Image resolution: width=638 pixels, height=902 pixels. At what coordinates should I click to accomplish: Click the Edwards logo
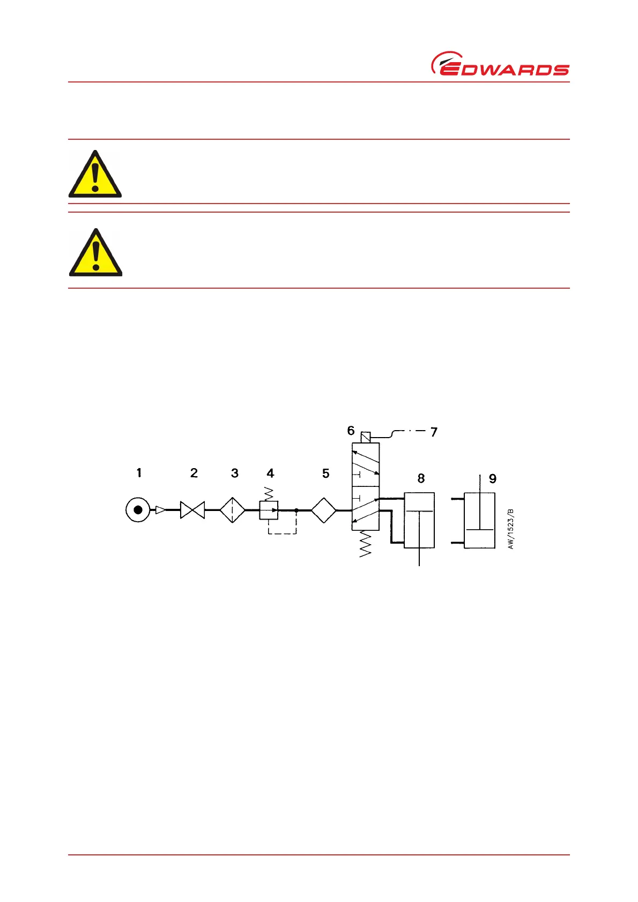point(500,64)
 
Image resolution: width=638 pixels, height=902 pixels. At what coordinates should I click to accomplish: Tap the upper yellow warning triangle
point(95,175)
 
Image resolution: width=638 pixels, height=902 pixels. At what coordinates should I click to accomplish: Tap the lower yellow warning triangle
point(95,253)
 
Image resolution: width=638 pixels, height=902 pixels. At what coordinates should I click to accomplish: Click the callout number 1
point(139,473)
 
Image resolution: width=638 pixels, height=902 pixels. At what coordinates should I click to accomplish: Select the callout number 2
point(194,473)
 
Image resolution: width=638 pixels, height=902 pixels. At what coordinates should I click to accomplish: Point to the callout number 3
point(235,473)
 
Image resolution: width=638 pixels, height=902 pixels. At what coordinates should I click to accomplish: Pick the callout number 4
point(270,473)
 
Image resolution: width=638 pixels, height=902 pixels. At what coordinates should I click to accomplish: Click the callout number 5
point(325,473)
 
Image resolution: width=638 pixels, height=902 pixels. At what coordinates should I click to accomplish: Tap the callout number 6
point(351,431)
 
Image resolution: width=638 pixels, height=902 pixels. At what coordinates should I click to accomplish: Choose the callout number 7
point(434,432)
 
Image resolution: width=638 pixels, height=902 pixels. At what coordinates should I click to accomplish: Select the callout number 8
point(421,478)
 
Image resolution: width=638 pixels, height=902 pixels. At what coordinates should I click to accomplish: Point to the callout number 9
point(493,479)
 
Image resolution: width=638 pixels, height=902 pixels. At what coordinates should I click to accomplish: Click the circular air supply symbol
point(138,510)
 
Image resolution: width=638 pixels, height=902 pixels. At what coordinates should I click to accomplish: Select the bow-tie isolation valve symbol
point(192,510)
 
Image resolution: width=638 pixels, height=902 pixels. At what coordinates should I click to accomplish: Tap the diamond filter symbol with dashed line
point(232,510)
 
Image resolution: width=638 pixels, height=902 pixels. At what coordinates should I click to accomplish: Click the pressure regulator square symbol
point(269,510)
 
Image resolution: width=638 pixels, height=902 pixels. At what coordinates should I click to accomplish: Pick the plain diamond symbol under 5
point(324,510)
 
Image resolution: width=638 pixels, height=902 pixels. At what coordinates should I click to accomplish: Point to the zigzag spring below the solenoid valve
point(366,544)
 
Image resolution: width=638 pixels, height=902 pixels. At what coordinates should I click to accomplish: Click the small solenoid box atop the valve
point(366,437)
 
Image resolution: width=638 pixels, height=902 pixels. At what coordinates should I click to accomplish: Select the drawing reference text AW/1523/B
point(511,529)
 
